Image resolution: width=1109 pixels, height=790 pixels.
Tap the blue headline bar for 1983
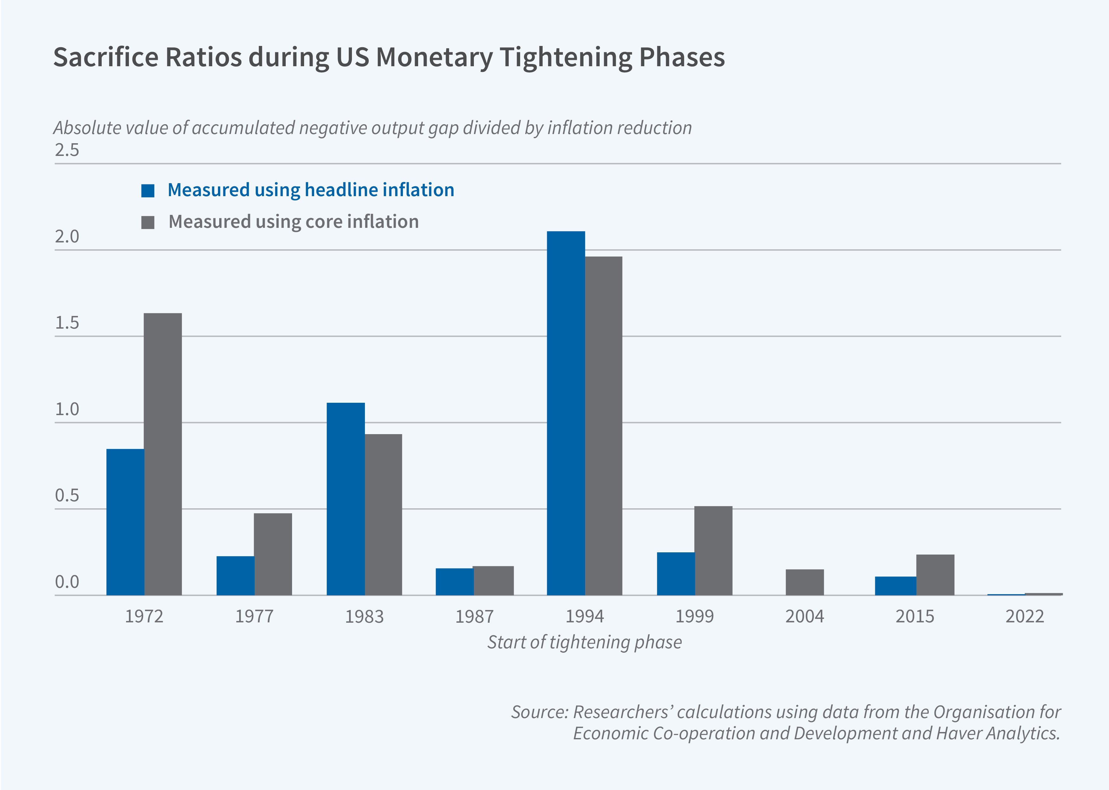click(345, 498)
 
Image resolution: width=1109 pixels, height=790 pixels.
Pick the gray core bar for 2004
click(805, 582)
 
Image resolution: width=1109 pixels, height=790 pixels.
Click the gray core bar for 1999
click(713, 551)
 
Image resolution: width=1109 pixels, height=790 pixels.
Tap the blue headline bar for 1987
click(455, 582)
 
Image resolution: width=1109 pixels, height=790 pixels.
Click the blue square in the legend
click(148, 191)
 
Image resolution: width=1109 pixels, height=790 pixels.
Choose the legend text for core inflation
click(293, 222)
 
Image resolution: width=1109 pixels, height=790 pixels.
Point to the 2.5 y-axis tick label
click(67, 150)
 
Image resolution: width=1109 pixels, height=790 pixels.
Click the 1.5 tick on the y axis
click(67, 323)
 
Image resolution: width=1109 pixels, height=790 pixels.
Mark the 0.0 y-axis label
click(67, 582)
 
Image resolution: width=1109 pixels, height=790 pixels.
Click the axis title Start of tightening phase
click(584, 642)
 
